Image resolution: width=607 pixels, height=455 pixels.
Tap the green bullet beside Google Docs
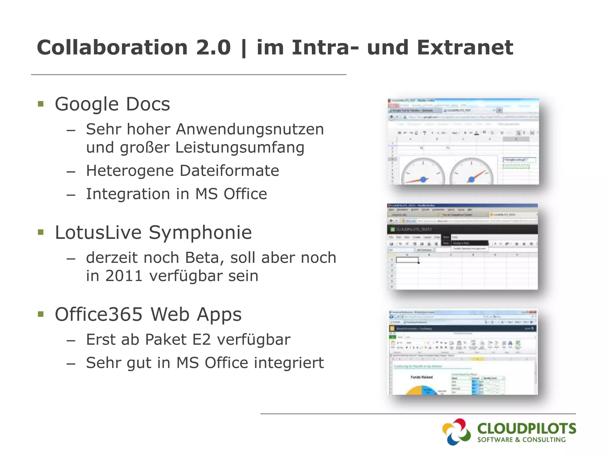coord(41,104)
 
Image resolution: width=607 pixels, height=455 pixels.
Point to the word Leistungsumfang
coord(240,148)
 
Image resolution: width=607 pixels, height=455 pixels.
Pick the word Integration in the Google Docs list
coord(128,194)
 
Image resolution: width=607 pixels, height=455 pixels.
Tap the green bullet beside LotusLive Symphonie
coord(41,232)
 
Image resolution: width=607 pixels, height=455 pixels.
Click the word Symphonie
coord(200,233)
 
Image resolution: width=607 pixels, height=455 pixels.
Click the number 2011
coord(124,276)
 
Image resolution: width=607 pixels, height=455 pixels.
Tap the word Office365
coord(99,314)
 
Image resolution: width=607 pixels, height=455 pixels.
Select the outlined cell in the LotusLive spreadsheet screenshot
coord(407,260)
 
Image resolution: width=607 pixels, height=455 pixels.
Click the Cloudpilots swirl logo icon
coord(456,432)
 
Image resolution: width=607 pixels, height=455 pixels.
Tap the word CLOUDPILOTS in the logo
coord(526,429)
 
